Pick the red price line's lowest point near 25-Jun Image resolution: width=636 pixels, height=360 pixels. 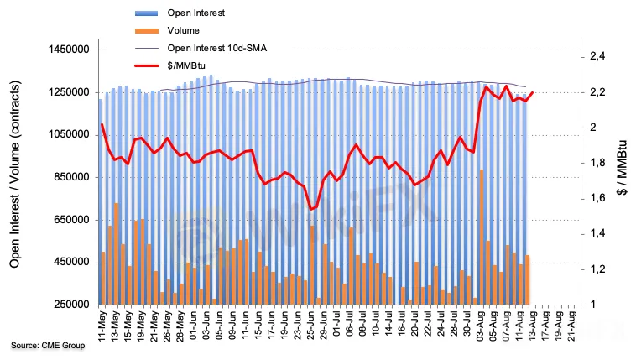310,209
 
